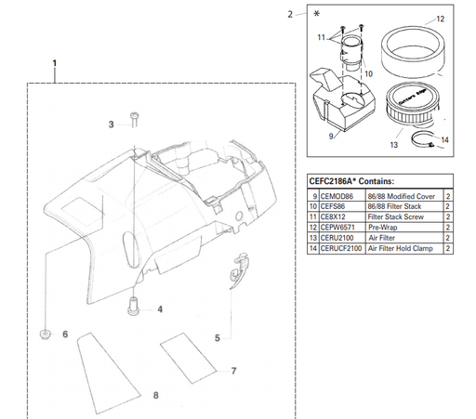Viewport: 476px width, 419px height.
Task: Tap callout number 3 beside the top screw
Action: [111, 124]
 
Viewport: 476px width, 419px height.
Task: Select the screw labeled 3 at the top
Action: [135, 118]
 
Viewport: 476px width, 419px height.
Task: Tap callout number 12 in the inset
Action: [441, 20]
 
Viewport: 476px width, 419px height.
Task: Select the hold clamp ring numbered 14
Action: [423, 142]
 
